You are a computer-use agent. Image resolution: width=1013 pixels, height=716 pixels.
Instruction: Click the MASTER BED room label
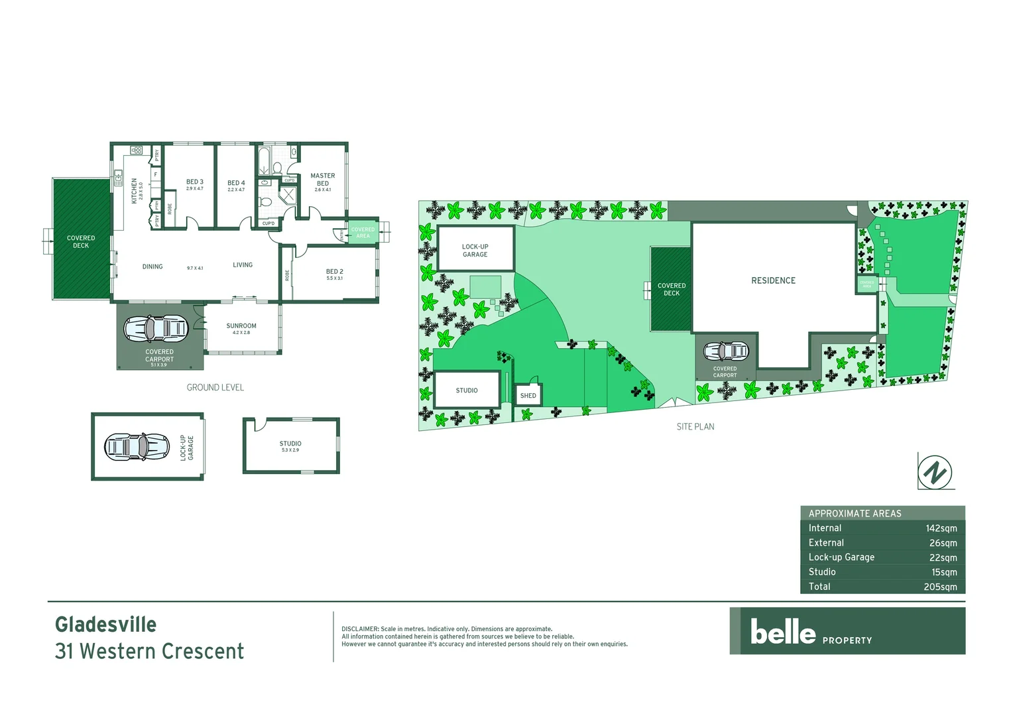(323, 180)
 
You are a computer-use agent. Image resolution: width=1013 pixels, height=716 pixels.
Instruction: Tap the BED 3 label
(195, 182)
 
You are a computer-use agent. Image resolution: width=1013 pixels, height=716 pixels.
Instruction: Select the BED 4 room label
(236, 183)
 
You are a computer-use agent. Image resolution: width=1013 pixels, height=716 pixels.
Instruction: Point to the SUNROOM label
(241, 326)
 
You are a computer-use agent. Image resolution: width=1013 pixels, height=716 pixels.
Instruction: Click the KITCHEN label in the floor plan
(134, 190)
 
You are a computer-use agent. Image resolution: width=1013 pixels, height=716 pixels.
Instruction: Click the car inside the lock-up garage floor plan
(137, 446)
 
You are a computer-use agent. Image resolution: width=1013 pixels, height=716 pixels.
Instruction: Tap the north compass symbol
(935, 473)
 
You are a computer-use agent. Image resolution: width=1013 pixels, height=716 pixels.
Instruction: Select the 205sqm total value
(940, 587)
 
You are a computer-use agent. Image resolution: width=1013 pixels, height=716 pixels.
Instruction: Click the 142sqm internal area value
(941, 528)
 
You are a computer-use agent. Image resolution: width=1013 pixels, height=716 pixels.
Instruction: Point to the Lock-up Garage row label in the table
(841, 558)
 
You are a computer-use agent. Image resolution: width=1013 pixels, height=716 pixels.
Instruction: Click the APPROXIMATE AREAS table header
(855, 513)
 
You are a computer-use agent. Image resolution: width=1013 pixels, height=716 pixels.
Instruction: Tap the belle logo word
(783, 632)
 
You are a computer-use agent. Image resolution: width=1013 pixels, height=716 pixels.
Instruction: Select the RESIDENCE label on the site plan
(773, 280)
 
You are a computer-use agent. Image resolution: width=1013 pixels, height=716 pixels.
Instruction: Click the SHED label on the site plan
(528, 396)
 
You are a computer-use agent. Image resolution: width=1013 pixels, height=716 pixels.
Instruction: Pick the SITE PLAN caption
(695, 427)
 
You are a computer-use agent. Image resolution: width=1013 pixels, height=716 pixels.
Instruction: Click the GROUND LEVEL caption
(215, 387)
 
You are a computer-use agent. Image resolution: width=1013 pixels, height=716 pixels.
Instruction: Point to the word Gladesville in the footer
(106, 625)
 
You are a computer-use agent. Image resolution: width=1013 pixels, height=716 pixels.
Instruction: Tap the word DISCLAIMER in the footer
(360, 629)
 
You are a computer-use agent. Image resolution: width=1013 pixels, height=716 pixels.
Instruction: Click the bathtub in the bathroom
(263, 160)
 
